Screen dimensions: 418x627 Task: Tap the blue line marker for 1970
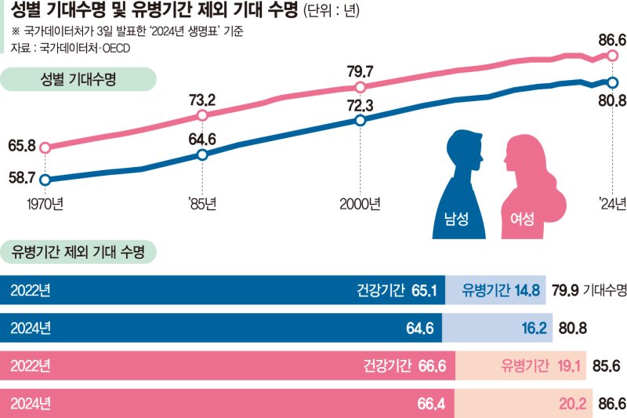tap(45, 180)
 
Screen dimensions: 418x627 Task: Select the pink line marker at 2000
tap(360, 87)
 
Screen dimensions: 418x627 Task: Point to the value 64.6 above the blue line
tap(202, 140)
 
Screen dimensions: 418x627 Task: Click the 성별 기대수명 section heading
tap(78, 79)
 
